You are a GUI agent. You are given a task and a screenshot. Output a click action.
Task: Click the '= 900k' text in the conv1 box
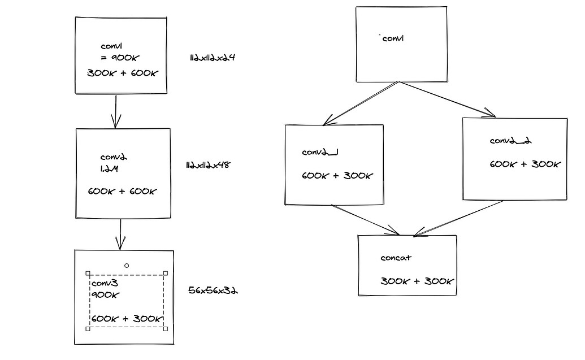coord(120,58)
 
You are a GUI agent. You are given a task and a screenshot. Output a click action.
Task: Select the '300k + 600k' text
coord(123,73)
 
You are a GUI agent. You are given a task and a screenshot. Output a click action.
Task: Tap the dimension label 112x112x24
coord(213,58)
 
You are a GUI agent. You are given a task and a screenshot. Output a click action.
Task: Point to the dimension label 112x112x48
coord(208,165)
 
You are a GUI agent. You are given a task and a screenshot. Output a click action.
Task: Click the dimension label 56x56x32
coord(213,290)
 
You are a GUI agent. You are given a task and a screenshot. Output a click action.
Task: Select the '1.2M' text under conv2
coord(109,168)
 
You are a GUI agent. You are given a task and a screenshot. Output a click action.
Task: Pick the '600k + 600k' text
coord(123,192)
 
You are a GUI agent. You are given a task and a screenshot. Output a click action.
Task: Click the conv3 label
coord(105,283)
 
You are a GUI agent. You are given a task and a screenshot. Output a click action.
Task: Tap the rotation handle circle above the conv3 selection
coord(127,266)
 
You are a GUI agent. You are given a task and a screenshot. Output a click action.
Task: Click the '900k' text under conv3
coord(105,295)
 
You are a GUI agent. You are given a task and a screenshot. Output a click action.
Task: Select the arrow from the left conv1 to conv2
coord(116,111)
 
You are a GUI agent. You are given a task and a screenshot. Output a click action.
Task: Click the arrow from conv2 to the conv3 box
coord(120,235)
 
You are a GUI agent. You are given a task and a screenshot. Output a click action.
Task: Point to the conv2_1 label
coord(320,152)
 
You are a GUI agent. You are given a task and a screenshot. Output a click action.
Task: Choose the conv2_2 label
coord(511,141)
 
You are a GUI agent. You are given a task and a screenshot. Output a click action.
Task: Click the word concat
coord(396,258)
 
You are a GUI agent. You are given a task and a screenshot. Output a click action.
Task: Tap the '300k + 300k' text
coord(417,281)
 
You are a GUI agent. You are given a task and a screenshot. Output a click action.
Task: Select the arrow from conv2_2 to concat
coord(458,219)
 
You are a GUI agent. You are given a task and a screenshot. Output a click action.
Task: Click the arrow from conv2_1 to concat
coord(365,220)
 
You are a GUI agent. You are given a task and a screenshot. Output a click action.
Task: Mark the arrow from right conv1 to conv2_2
coord(447,99)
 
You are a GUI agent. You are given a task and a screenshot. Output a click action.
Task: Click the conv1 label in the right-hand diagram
coord(393,38)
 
